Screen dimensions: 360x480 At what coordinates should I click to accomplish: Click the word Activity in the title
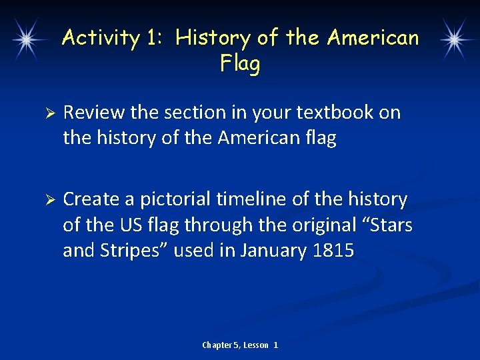(x=101, y=38)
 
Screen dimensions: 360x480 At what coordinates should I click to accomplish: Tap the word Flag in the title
(x=239, y=64)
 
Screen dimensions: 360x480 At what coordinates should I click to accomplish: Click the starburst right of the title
(x=454, y=39)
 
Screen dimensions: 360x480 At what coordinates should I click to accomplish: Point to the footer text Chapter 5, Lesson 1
(x=240, y=345)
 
